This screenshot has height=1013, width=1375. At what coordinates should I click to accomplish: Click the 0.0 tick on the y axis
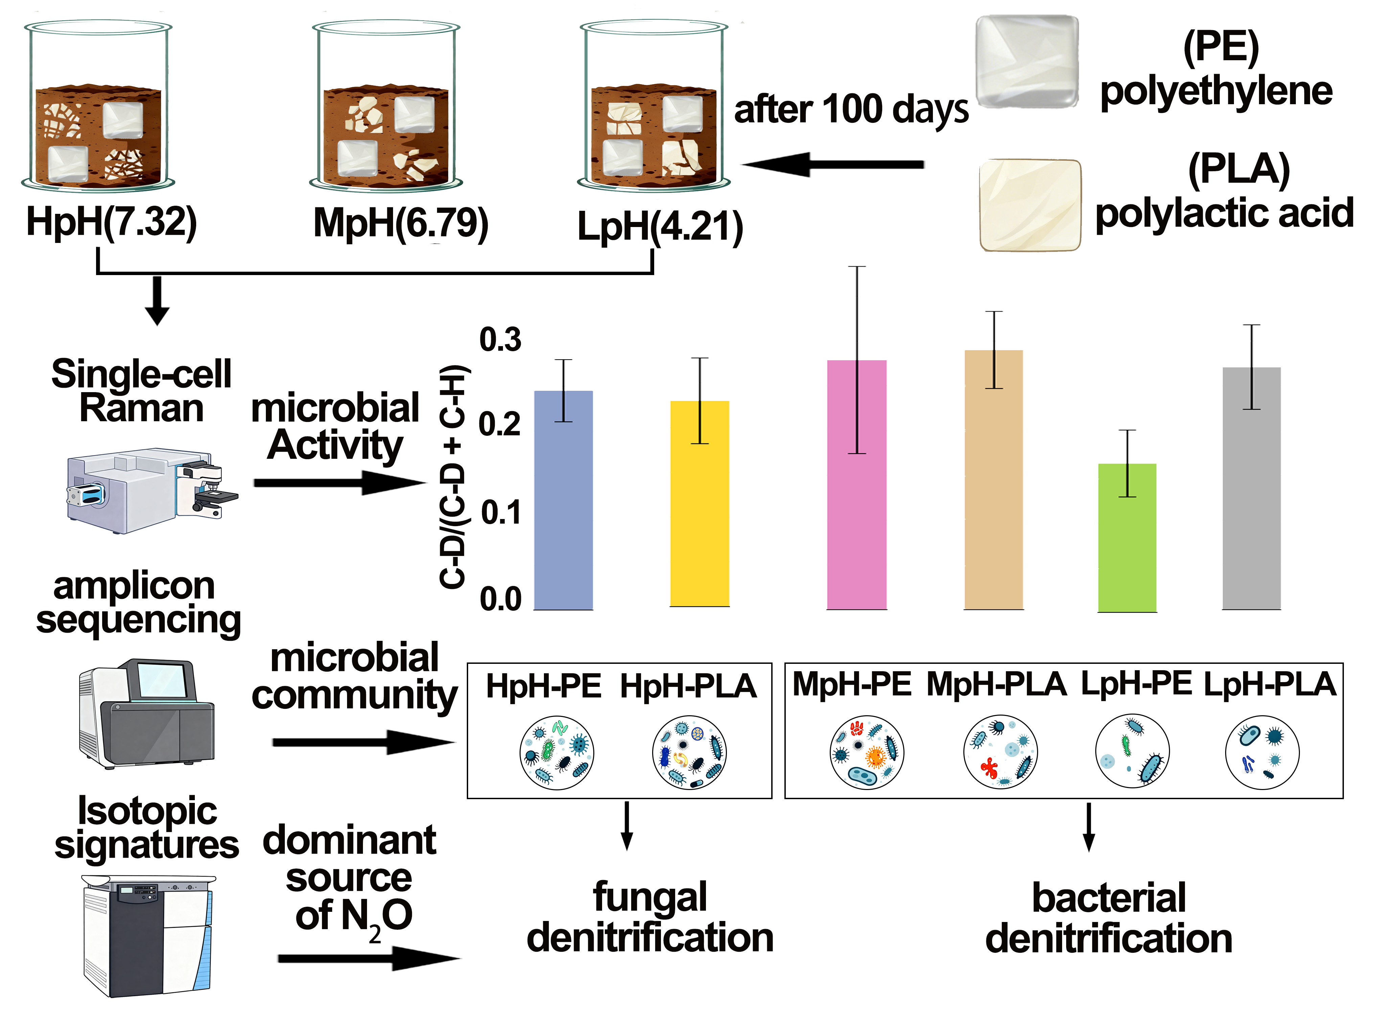500,599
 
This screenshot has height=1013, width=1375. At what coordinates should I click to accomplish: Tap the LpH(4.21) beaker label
660,227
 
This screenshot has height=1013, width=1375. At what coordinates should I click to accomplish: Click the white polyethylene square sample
1027,61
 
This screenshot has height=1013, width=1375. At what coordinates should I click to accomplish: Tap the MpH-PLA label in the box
996,684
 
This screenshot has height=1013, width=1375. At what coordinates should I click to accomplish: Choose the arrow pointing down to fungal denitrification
626,825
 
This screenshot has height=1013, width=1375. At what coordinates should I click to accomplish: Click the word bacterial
1108,898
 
